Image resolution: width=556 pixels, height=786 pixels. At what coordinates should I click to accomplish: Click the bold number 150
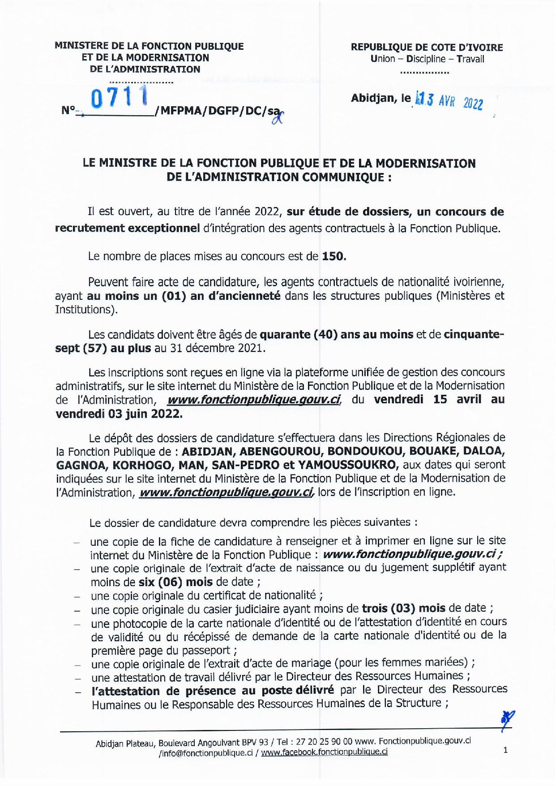pyautogui.click(x=334, y=257)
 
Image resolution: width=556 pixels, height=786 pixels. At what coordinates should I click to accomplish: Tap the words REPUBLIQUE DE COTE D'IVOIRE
pyautogui.click(x=427, y=48)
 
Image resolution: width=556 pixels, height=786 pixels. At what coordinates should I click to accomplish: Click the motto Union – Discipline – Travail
pyautogui.click(x=427, y=59)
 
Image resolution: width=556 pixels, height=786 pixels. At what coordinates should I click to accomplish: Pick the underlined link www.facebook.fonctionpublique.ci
pyautogui.click(x=324, y=752)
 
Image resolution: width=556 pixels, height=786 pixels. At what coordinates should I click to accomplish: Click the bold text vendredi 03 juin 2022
pyautogui.click(x=119, y=414)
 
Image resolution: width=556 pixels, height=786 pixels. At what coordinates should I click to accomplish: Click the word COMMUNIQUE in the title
pyautogui.click(x=342, y=177)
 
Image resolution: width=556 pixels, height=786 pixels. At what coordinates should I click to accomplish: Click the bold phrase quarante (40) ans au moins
pyautogui.click(x=336, y=334)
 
